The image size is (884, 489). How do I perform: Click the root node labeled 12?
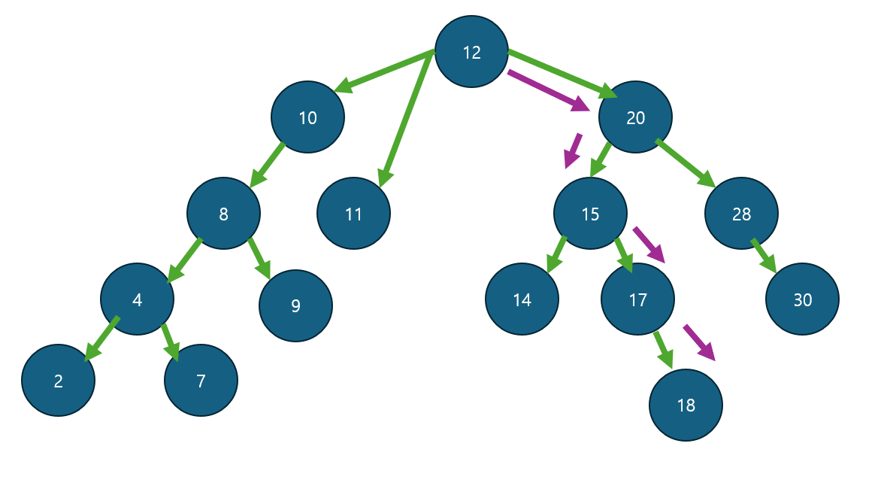pos(471,52)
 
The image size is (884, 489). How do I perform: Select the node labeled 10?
pos(308,117)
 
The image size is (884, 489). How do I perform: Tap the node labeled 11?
pos(353,214)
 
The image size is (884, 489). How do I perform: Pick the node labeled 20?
pos(635,117)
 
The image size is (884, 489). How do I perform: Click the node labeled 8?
pos(223,214)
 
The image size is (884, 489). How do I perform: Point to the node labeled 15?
pos(590,214)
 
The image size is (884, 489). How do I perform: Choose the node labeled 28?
pos(741,214)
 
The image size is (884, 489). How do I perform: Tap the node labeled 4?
pos(137,299)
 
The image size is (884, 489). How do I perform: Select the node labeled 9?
pos(295,305)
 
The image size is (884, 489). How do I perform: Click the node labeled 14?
pos(522,299)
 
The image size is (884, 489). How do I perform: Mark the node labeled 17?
pos(637,299)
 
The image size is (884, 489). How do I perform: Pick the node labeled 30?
pos(802,299)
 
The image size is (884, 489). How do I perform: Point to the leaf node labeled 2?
pos(58,381)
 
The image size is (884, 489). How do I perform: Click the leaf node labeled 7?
pos(201,381)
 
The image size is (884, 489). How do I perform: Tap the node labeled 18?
pos(686,405)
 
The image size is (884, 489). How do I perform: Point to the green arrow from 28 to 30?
pos(763,255)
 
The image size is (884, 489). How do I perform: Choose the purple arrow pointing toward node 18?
pos(698,342)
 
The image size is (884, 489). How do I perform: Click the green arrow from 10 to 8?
pos(268,163)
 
